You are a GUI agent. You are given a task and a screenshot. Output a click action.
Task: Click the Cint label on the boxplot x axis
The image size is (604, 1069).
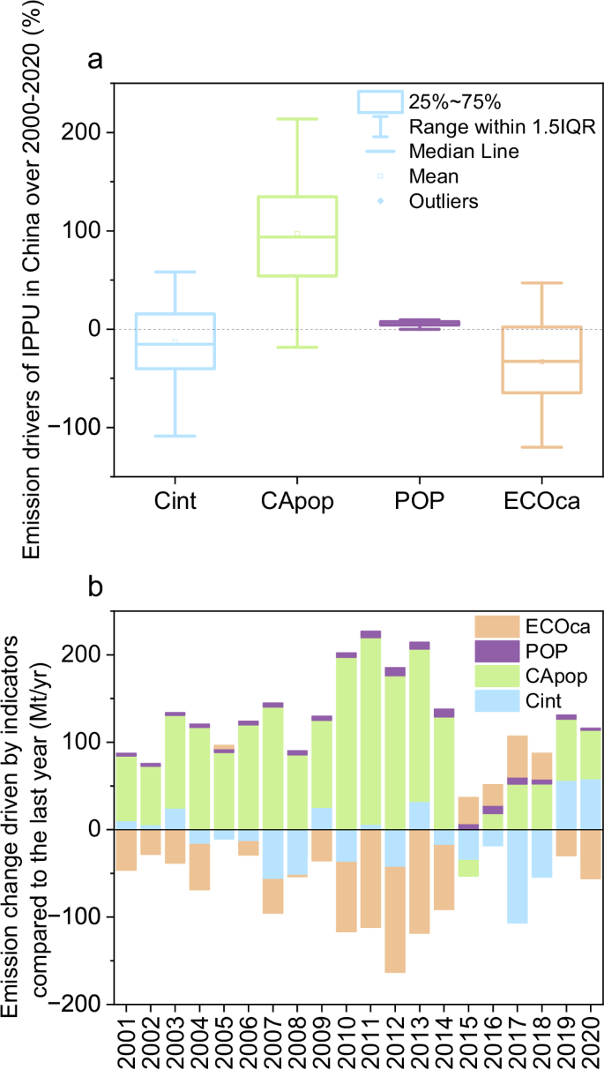175,502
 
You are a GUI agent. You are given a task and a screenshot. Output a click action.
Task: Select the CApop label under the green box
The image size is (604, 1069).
297,502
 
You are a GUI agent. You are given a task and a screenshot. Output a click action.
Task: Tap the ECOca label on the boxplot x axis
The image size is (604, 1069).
541,502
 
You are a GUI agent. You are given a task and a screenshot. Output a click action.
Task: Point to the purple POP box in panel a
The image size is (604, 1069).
420,324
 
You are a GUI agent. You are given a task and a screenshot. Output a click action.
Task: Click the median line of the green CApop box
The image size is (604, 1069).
297,237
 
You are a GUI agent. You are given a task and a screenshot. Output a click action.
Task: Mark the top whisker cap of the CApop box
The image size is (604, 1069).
297,119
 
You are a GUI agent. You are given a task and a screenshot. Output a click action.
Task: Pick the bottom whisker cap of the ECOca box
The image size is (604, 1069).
541,447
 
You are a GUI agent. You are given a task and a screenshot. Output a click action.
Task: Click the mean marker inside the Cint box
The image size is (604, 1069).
175,341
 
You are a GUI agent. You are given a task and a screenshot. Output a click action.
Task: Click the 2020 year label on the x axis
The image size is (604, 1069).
589,1035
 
